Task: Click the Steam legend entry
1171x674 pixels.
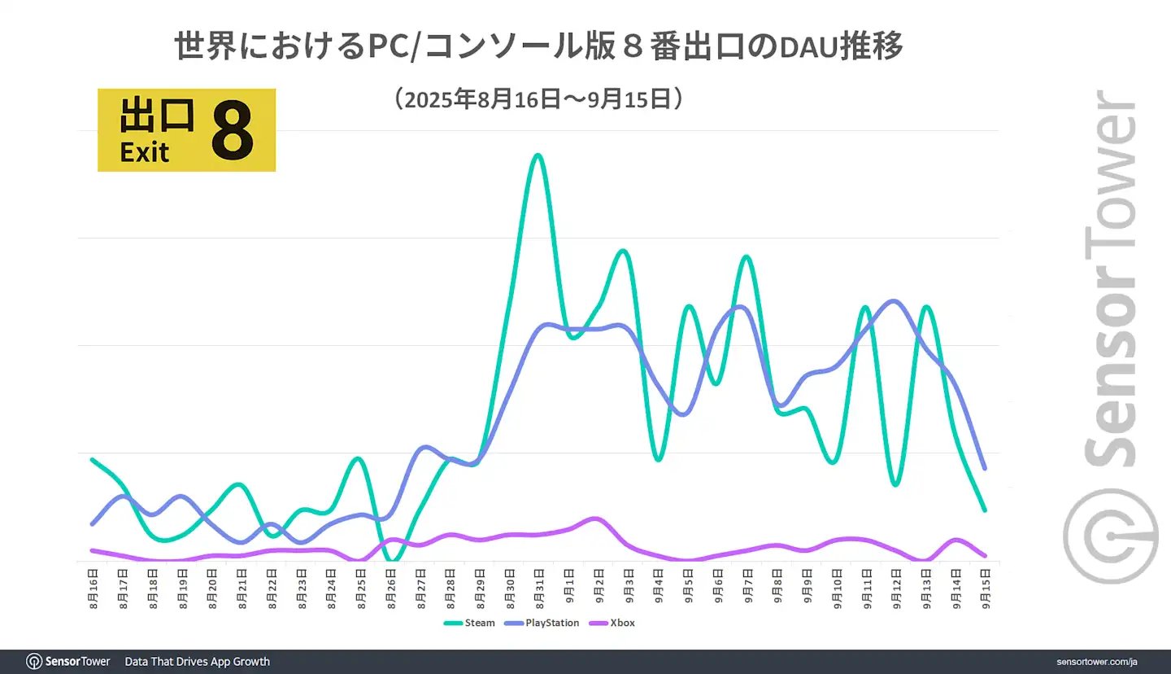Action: (470, 623)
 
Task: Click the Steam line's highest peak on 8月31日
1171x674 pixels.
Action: (537, 155)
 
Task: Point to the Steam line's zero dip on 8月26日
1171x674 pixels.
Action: (393, 560)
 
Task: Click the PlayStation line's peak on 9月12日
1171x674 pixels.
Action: (895, 301)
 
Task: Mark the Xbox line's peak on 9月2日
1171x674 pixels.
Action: (594, 518)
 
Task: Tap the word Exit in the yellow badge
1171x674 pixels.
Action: (145, 152)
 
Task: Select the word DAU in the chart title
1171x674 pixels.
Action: (804, 48)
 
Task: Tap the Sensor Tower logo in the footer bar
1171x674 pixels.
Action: (68, 661)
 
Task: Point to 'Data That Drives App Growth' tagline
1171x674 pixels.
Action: (198, 661)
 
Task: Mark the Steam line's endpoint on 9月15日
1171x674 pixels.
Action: (985, 510)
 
